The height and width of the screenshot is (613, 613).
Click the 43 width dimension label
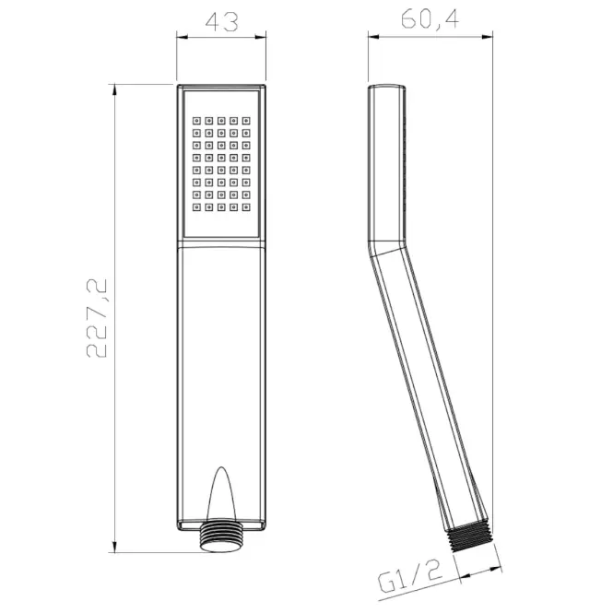click(x=221, y=22)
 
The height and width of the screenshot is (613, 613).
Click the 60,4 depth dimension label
click(x=430, y=18)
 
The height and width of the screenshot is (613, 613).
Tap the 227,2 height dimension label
click(x=97, y=318)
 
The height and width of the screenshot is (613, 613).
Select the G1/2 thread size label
click(x=410, y=577)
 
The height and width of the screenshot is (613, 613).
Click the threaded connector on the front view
click(x=221, y=536)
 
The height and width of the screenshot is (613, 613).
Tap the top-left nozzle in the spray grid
click(x=196, y=121)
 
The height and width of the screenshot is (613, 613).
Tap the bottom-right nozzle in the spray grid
click(x=246, y=207)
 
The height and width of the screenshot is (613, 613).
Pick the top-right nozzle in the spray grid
click(x=246, y=121)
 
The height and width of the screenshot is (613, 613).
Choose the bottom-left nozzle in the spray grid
click(x=196, y=207)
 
